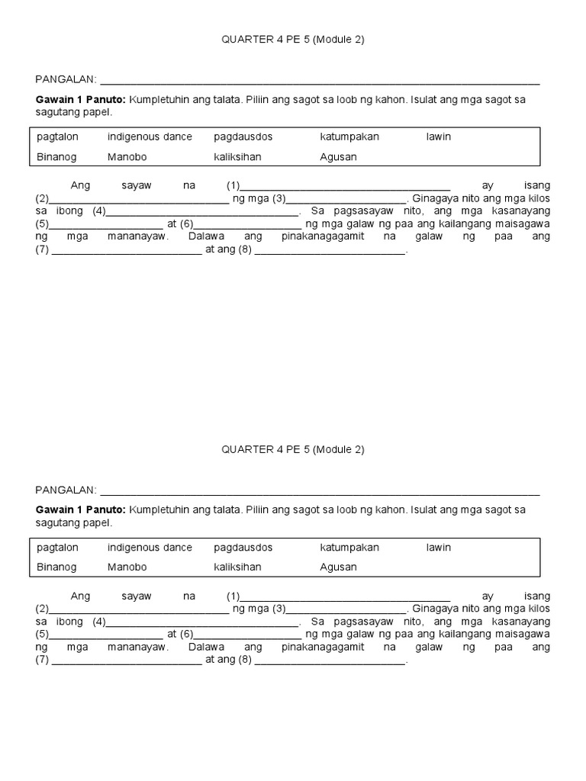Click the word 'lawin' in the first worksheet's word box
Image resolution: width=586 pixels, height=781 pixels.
(439, 137)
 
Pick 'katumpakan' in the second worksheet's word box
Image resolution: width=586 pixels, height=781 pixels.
(349, 548)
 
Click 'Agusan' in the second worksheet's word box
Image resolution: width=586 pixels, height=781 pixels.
(339, 567)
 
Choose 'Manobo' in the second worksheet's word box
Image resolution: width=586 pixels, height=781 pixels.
(127, 567)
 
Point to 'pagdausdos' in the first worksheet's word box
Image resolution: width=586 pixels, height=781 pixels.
(243, 137)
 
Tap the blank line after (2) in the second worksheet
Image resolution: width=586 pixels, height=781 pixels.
(138, 611)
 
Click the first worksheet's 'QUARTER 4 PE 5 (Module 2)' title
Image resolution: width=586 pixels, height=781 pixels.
(293, 40)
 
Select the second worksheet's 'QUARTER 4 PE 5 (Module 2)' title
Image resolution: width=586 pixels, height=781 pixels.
(293, 450)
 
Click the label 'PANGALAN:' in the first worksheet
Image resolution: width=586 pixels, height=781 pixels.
(66, 79)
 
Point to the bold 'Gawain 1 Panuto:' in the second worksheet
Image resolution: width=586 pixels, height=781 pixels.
(81, 509)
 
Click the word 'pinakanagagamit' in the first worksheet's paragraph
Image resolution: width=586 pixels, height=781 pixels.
(323, 237)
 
